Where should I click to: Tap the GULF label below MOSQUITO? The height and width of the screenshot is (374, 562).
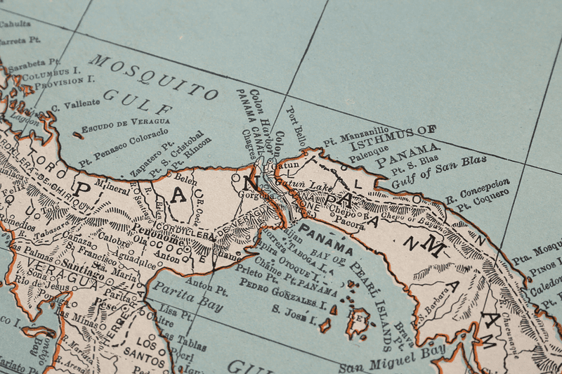(x=138, y=103)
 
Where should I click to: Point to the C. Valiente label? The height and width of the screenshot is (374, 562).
(x=75, y=105)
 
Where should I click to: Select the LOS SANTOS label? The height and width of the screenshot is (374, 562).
(x=149, y=350)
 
